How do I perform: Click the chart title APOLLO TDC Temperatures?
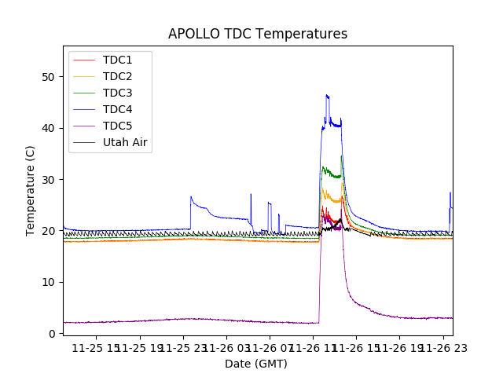click(258, 34)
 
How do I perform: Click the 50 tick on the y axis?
click(49, 77)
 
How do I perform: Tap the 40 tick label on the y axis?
click(49, 128)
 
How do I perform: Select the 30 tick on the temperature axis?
click(49, 180)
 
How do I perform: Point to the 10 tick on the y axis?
click(49, 282)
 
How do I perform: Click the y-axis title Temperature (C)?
click(31, 190)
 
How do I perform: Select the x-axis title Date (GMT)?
click(256, 364)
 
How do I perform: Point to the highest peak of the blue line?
click(327, 95)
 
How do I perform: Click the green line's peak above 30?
click(341, 156)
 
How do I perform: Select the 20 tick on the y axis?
click(49, 231)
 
